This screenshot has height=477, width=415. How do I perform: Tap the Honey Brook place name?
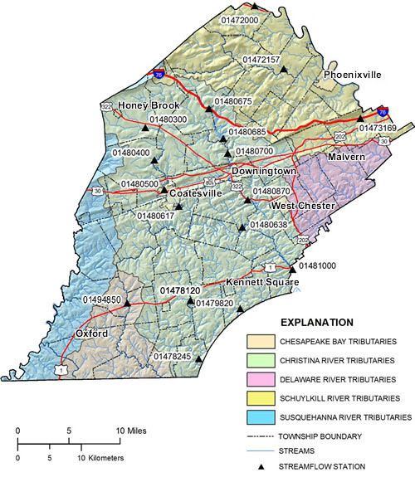tap(149, 106)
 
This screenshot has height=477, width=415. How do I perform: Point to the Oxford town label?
tap(91, 333)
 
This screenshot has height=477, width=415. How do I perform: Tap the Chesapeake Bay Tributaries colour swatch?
tap(264, 342)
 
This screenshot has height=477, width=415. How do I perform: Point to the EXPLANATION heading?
tap(316, 322)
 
